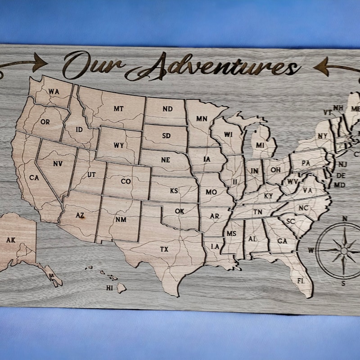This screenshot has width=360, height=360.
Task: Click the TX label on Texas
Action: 165,249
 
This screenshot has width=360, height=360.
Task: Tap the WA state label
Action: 54,92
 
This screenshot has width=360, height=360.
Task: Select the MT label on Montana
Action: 118,108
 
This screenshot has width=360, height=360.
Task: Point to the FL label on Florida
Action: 300,281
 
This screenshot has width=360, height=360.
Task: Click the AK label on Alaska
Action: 11,240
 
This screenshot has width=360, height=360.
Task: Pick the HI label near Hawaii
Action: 109,288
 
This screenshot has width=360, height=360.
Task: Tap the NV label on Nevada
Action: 58,164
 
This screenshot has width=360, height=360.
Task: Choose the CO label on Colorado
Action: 126,182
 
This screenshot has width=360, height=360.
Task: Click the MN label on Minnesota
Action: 202,119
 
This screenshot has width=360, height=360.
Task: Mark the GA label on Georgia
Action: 282,241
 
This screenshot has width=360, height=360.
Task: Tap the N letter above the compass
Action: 345,219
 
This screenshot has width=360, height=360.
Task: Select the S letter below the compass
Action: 343,283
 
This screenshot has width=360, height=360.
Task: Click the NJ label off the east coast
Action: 342,165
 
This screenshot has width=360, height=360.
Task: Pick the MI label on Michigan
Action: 260,145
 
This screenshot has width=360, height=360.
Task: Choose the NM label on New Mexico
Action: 121,220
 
